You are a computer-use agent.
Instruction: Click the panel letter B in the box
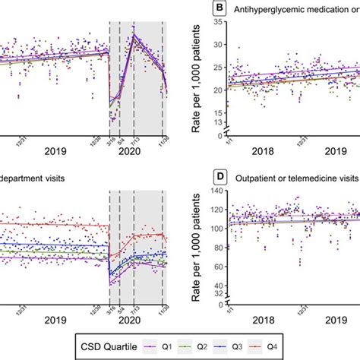click(200, 9)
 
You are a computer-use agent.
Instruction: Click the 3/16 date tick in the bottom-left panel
click(111, 307)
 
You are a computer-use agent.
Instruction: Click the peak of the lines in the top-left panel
click(134, 33)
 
